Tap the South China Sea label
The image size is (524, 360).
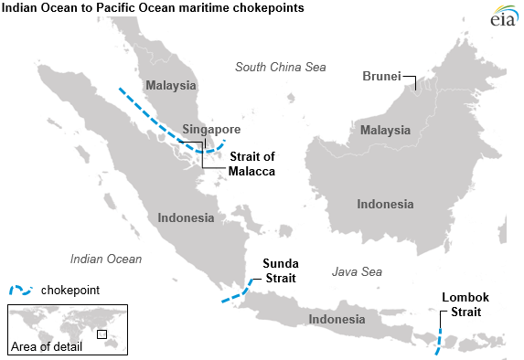pyautogui.click(x=280, y=67)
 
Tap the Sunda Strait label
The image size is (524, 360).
pyautogui.click(x=279, y=270)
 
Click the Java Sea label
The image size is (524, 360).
pyautogui.click(x=357, y=272)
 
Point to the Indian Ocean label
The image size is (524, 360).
pyautogui.click(x=106, y=259)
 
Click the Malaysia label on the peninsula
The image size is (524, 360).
pyautogui.click(x=170, y=86)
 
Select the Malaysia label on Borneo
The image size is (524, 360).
pyautogui.click(x=385, y=131)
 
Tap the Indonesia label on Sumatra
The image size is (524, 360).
pyautogui.click(x=186, y=218)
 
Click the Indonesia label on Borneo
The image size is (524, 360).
pyautogui.click(x=385, y=204)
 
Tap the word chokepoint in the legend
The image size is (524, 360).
pyautogui.click(x=70, y=290)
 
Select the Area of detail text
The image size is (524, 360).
pyautogui.click(x=46, y=347)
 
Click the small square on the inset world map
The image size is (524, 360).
pyautogui.click(x=102, y=334)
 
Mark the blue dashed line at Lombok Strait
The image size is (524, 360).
pyautogui.click(x=437, y=343)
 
